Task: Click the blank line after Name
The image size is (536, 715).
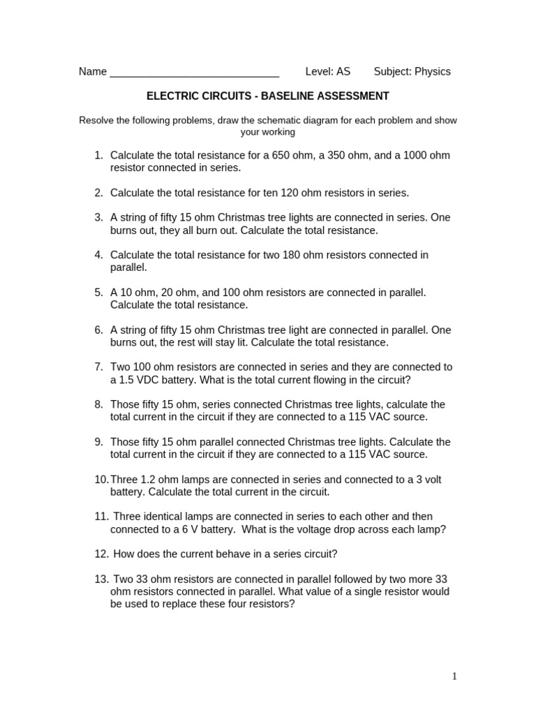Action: coord(195,72)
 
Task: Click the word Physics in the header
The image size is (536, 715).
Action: coord(433,71)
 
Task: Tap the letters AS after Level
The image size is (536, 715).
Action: coord(343,71)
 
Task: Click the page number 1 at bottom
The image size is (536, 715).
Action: coord(454,676)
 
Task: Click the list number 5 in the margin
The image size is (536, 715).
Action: coord(98,293)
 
